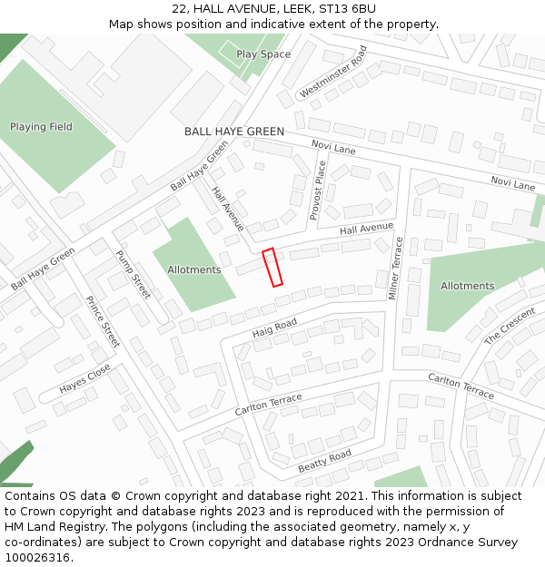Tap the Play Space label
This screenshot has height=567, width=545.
[x=263, y=54]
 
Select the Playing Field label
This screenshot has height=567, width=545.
[x=41, y=127]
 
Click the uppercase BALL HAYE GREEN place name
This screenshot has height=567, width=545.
[x=234, y=132]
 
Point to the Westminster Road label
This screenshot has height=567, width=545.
[x=332, y=72]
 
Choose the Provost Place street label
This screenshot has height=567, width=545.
[x=319, y=190]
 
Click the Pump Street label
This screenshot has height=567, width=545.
[x=134, y=275]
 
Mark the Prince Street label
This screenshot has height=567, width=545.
[x=103, y=321]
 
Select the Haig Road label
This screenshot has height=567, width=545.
[x=274, y=328]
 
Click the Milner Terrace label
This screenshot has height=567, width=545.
[x=395, y=268]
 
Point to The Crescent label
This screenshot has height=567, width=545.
[x=510, y=327]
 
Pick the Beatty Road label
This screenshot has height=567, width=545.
[x=324, y=461]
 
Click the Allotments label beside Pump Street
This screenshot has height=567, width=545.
[x=193, y=270]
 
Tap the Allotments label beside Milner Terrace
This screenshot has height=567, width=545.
[x=467, y=286]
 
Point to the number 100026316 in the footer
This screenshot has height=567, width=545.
[x=37, y=558]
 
